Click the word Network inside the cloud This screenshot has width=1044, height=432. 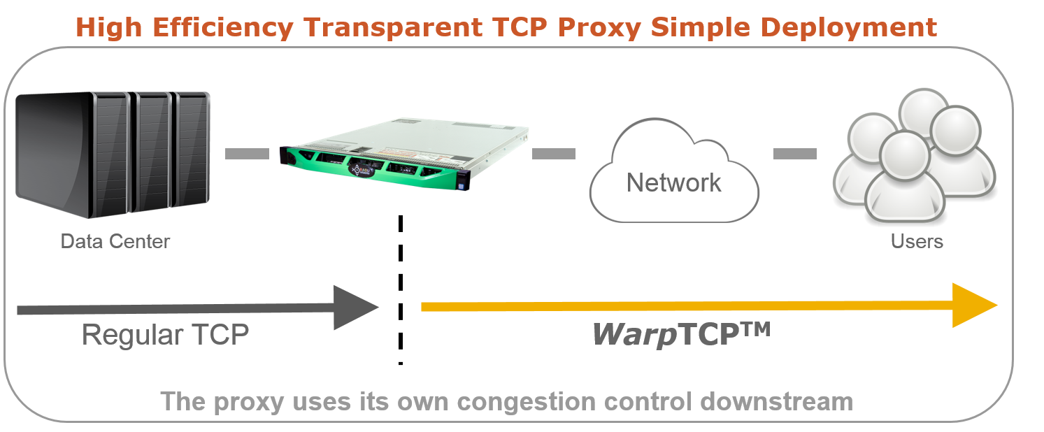point(673,182)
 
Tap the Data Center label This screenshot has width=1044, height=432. point(115,242)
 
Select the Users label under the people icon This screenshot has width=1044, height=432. point(917,242)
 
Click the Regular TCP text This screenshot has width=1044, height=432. point(165,335)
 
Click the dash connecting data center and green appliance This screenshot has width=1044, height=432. point(247,154)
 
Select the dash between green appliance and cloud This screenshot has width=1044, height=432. point(554,154)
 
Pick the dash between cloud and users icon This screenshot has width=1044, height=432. point(795,154)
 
